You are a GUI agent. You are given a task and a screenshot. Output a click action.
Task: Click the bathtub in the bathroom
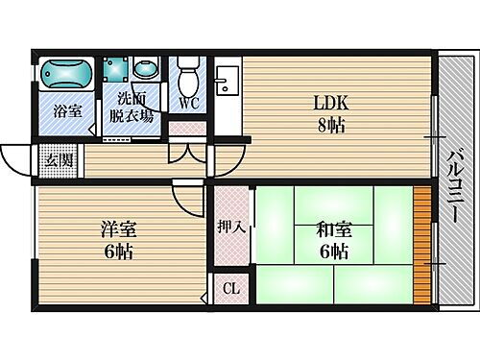click(x=65, y=73)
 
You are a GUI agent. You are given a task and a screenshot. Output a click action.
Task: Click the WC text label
click(x=188, y=104)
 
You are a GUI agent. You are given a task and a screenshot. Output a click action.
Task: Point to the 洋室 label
click(x=119, y=230)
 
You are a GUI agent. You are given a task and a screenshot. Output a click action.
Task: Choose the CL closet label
click(x=231, y=288)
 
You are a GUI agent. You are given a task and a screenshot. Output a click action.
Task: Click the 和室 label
click(x=332, y=230)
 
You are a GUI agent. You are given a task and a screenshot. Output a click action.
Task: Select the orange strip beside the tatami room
click(x=420, y=246)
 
